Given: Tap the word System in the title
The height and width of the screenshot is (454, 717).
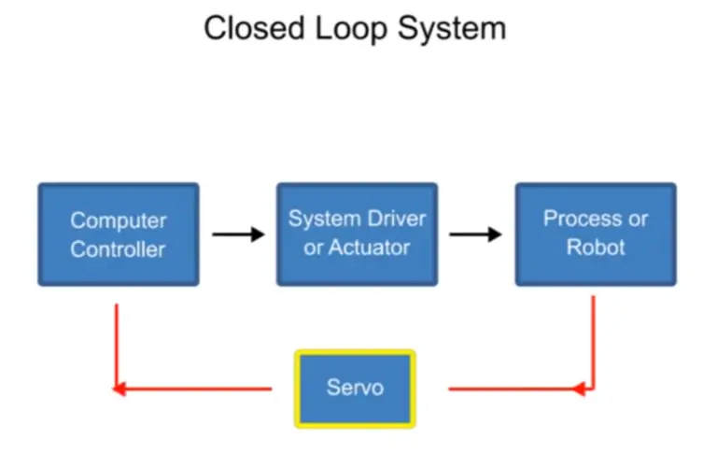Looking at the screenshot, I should click(454, 28).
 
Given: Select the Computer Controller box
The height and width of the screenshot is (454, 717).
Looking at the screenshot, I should click(118, 234).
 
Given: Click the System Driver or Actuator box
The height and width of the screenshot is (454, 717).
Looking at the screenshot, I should click(357, 234).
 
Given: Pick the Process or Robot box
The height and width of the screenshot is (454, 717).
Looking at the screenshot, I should click(596, 234).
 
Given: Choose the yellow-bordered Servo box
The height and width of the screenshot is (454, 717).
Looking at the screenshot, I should click(355, 388).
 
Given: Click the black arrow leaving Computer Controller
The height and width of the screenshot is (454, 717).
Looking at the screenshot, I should click(237, 234).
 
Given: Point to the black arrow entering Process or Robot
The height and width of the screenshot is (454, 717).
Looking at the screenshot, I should click(476, 234).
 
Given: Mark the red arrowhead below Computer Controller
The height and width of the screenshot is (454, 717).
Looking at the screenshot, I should click(119, 388).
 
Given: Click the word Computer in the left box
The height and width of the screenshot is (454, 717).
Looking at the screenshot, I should click(118, 221).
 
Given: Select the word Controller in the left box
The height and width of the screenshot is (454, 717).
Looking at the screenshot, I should click(118, 249).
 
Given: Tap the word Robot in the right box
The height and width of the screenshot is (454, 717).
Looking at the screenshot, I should click(596, 248).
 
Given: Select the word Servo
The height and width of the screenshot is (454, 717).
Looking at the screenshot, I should click(355, 388).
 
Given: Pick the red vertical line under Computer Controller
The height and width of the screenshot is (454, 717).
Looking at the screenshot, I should click(116, 341).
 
